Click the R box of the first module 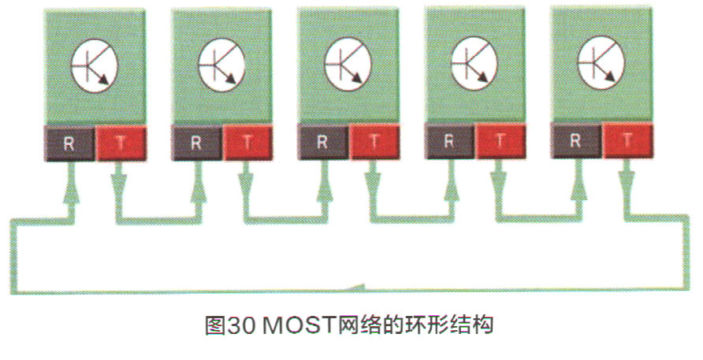click(x=69, y=143)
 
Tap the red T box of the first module click(x=120, y=143)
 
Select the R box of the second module click(x=195, y=143)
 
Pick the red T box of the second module click(x=247, y=143)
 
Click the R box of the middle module click(x=322, y=143)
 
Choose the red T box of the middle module click(x=373, y=143)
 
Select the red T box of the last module click(x=627, y=142)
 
